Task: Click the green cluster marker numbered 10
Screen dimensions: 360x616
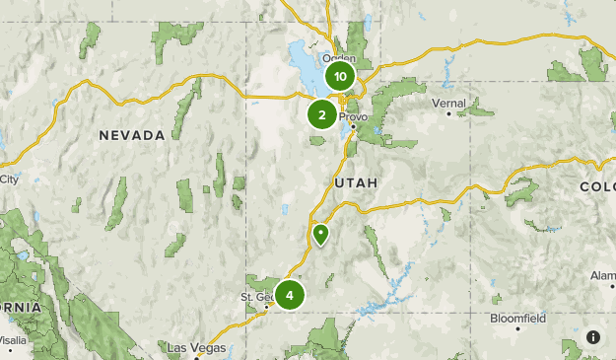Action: tap(340, 76)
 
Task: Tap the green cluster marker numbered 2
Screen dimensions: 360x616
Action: tap(321, 115)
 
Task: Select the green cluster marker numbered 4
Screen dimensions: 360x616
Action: tap(290, 295)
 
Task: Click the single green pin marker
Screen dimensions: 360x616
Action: tap(320, 235)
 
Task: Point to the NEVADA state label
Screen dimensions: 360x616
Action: tap(131, 135)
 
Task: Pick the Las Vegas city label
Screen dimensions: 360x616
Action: tap(196, 348)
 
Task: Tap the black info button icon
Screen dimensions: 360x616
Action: tap(593, 337)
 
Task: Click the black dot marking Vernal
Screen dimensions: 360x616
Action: tap(448, 113)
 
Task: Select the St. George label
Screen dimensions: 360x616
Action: tap(259, 297)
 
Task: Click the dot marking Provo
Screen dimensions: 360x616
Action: tap(352, 125)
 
